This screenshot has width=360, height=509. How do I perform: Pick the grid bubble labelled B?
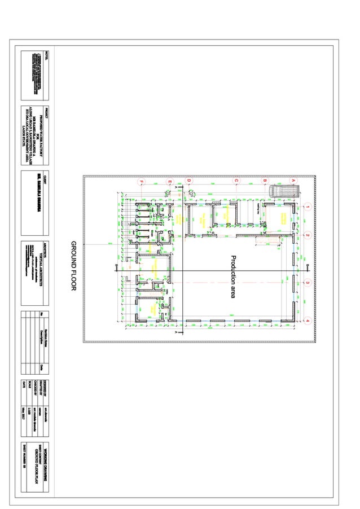[264, 181]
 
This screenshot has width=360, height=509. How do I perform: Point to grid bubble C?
[236, 181]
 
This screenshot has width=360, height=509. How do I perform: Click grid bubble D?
[189, 181]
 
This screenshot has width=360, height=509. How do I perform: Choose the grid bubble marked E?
[169, 181]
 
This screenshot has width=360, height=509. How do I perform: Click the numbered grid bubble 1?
[307, 207]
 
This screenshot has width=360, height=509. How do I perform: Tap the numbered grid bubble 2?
[307, 234]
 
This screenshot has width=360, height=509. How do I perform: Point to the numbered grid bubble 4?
[307, 321]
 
